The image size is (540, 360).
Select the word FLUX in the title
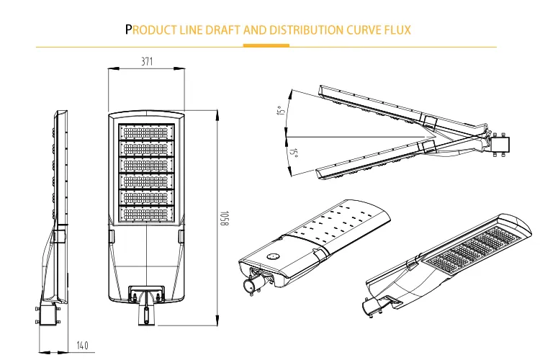(x=397, y=30)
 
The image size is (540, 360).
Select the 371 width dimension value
(x=147, y=62)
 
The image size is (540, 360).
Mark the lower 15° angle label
(x=293, y=153)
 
